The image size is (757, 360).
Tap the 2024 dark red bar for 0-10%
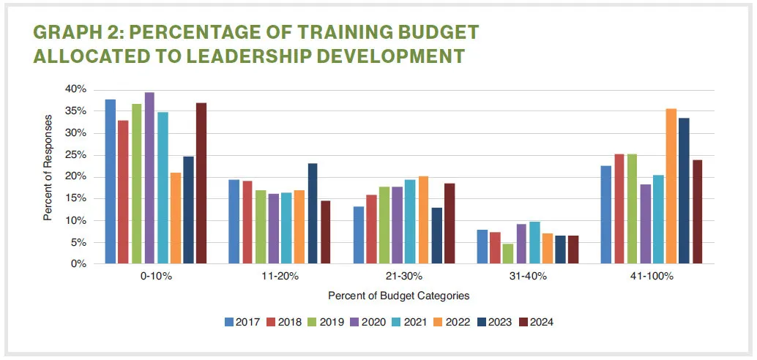coord(201,183)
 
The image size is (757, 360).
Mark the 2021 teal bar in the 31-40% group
coord(534,242)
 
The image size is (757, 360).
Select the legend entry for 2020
coord(370,321)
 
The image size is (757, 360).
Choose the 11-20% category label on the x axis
coord(280,277)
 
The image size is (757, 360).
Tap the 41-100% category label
coord(651,277)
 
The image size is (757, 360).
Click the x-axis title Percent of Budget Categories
coord(398,296)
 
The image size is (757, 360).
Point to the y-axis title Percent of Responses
coord(48,168)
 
